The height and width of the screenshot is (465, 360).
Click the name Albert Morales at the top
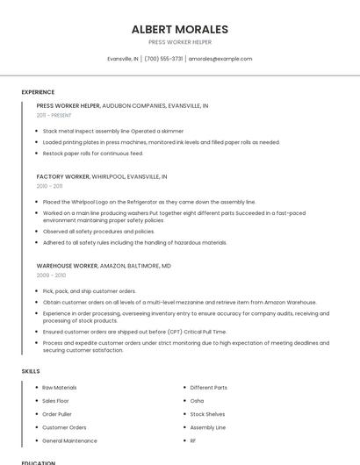click(x=179, y=29)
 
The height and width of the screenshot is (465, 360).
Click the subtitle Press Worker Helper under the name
click(x=179, y=42)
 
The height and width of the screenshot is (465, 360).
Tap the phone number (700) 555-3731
click(x=163, y=59)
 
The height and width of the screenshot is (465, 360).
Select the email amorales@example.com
click(x=220, y=59)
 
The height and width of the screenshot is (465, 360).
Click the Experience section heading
click(x=38, y=92)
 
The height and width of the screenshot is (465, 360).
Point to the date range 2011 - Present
click(x=54, y=115)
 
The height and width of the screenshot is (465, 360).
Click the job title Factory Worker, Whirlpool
click(x=102, y=176)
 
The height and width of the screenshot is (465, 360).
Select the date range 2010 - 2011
click(x=49, y=186)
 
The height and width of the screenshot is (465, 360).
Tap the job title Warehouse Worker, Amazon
click(x=104, y=265)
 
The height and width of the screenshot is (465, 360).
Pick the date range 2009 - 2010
click(x=50, y=275)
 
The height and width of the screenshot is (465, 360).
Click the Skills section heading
click(x=31, y=371)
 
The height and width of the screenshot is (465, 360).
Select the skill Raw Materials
click(x=60, y=387)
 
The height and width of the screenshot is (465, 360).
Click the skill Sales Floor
click(x=56, y=400)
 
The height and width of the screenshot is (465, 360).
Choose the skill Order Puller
click(x=57, y=414)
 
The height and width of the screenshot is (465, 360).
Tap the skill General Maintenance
click(x=69, y=440)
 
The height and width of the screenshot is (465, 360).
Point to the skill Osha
click(x=197, y=400)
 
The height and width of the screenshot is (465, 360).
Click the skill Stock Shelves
click(x=207, y=414)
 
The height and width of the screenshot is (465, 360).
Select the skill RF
click(x=193, y=440)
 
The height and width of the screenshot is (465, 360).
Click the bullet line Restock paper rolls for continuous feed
click(x=92, y=154)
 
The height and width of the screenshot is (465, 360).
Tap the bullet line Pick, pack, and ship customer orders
click(x=89, y=290)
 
